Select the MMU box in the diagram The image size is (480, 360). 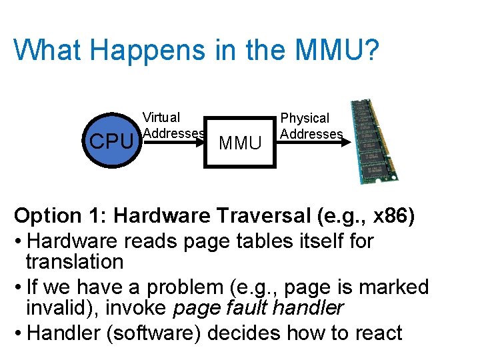click(240, 141)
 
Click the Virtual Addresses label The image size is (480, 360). click(172, 125)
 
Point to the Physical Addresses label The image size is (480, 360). click(311, 126)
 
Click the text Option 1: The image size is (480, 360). click(61, 216)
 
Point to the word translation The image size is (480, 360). click(75, 261)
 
